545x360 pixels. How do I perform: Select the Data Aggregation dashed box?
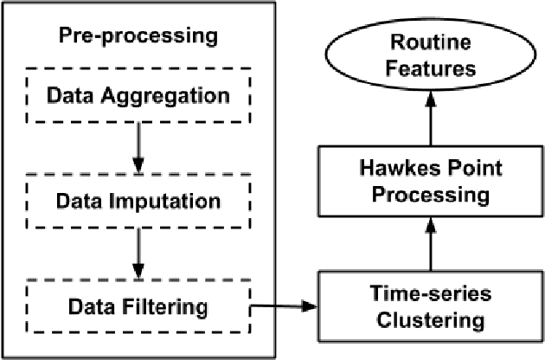click(x=137, y=93)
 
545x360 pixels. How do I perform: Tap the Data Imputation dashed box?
click(x=137, y=201)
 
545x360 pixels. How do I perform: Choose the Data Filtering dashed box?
click(x=137, y=305)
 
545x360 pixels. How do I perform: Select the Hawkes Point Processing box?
click(x=433, y=181)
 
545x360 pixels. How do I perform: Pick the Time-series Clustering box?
click(x=433, y=307)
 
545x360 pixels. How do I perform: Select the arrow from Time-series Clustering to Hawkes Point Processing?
click(x=433, y=246)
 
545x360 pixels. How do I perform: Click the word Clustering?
click(x=433, y=320)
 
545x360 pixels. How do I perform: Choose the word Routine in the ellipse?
click(x=433, y=42)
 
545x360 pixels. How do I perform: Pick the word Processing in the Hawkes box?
click(x=433, y=194)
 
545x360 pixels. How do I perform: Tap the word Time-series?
click(x=433, y=294)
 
